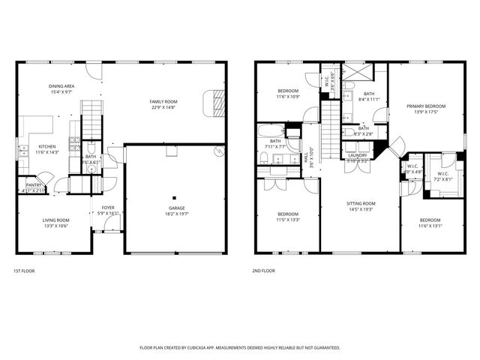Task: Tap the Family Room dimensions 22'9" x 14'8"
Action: coord(166,106)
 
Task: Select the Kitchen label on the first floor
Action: coord(48,147)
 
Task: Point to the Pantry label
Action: coord(34,184)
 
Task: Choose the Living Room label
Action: coord(55,220)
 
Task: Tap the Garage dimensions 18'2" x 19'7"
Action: coord(177,214)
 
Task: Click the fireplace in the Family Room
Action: coord(216,101)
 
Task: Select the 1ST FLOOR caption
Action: coord(24,271)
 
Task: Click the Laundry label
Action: coord(357,155)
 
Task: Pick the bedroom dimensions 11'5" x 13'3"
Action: coord(288,220)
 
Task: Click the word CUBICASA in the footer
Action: coord(217,347)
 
